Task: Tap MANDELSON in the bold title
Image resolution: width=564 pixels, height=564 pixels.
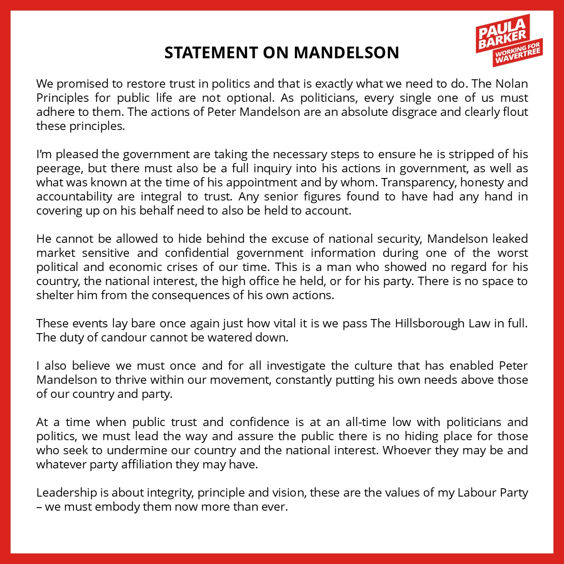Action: (346, 52)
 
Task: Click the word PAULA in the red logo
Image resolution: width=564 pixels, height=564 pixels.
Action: (501, 30)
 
